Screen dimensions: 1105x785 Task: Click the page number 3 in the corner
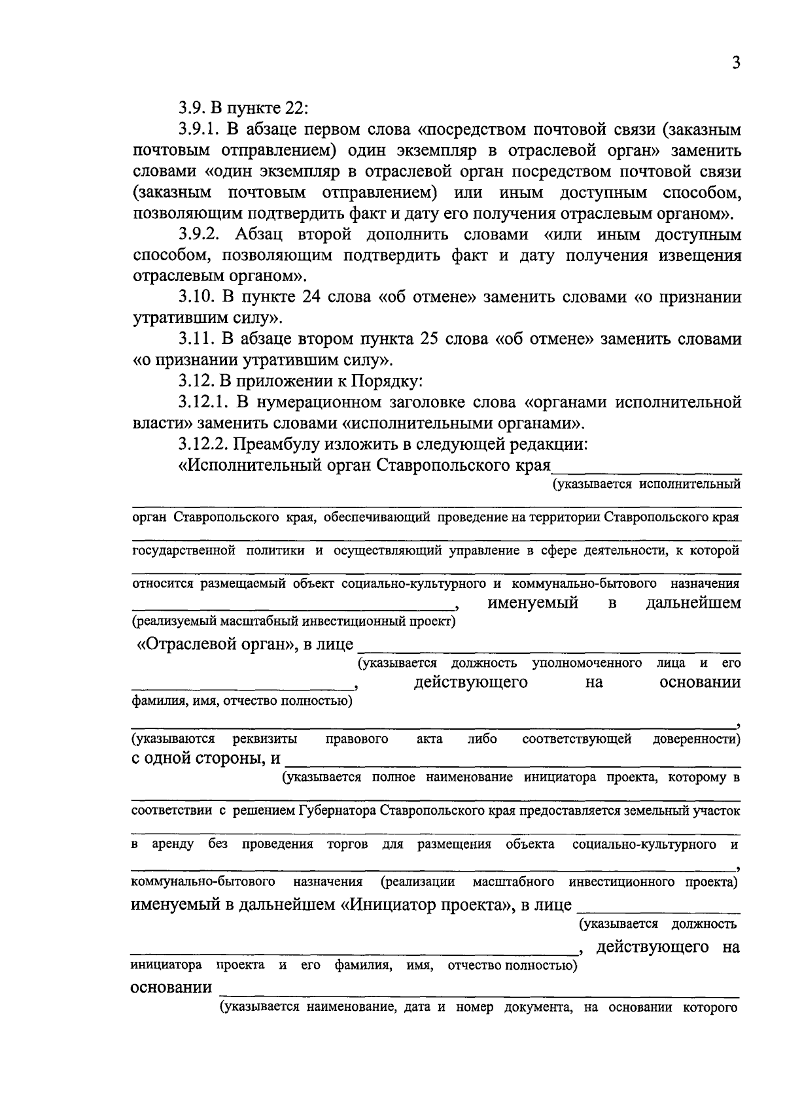point(736,63)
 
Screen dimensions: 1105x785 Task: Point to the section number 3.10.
point(196,297)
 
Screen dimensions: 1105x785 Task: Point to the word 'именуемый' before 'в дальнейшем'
point(532,602)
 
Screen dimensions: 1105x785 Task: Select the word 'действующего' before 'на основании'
point(470,683)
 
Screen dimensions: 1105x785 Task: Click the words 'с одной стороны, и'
point(206,758)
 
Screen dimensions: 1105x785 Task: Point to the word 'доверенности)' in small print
point(696,739)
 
